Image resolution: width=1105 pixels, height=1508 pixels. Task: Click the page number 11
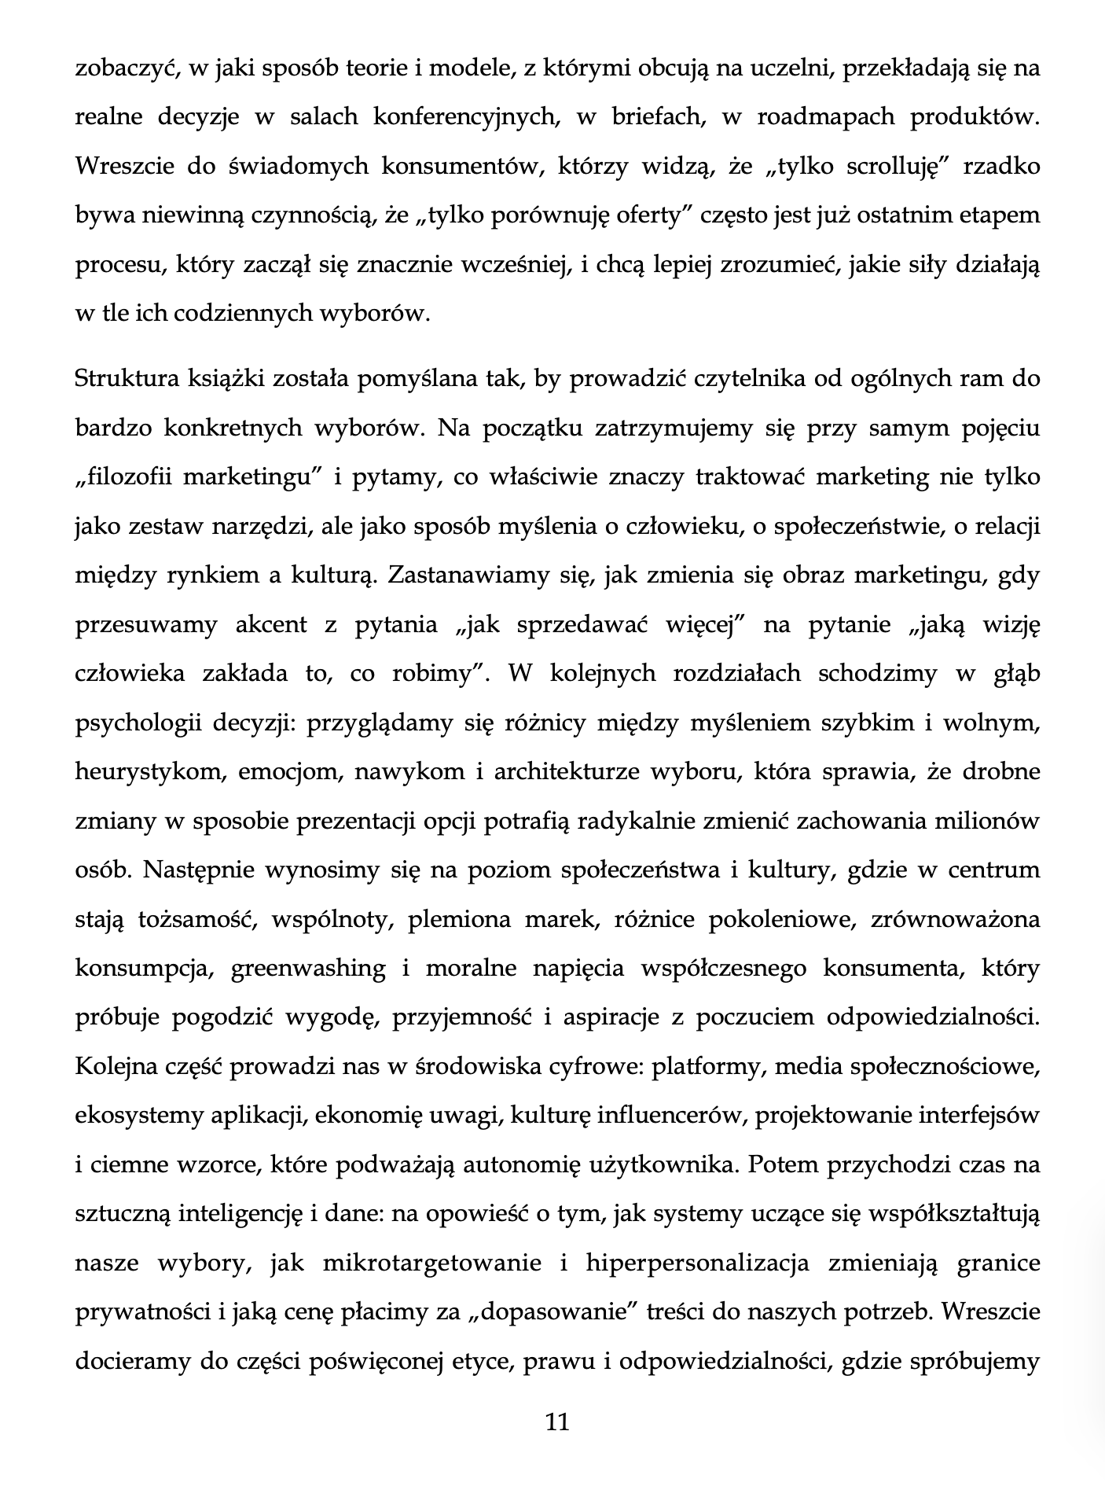coord(556,1422)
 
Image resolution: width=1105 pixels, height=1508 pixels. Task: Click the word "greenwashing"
coord(307,969)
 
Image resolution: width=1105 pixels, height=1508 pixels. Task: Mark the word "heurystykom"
coord(147,772)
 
